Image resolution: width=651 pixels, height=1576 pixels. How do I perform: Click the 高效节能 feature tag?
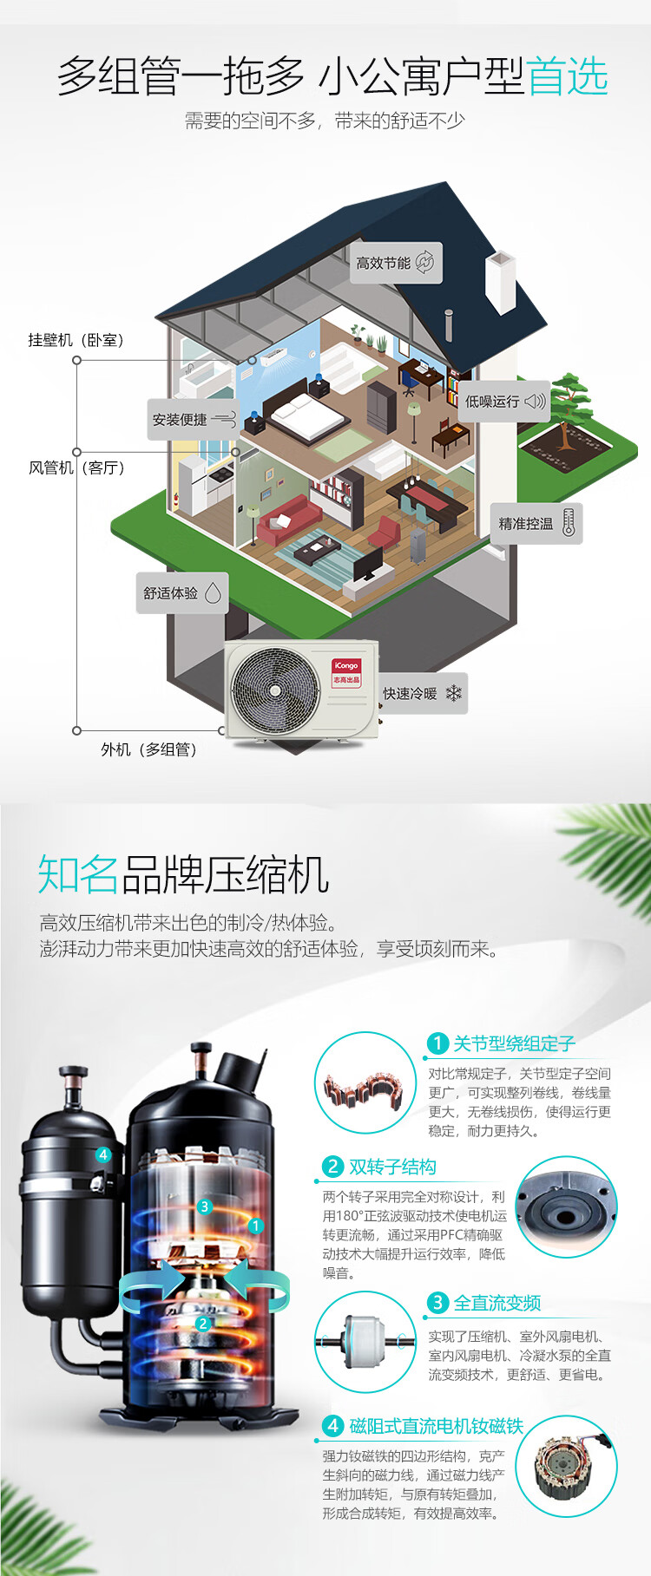point(397,263)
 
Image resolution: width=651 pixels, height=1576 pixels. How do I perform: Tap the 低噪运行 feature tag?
point(504,401)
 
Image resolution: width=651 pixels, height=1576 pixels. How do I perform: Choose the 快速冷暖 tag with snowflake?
point(422,693)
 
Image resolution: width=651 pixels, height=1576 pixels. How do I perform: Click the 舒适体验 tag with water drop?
point(182,593)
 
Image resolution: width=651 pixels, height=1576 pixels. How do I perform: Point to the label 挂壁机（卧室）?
point(76,340)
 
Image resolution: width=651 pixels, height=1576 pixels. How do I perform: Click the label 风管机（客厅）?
point(77,468)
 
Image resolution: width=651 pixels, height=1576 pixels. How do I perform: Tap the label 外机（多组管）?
point(149,749)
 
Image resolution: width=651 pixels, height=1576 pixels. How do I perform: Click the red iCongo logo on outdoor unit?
point(345,671)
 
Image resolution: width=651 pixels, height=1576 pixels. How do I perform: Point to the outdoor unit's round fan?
point(275,690)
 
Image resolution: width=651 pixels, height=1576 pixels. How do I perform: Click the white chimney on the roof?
point(502,282)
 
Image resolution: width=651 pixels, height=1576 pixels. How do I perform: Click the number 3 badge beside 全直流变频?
point(437,1303)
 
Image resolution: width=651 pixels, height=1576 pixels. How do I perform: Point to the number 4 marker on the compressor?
point(103,1154)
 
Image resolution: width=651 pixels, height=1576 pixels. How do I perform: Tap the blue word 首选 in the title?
point(567,76)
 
